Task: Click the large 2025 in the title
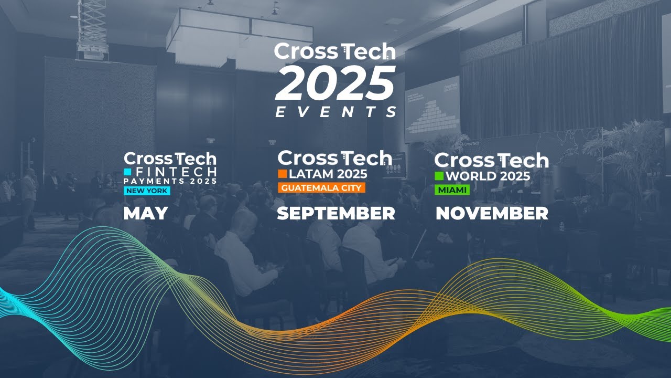click(335, 82)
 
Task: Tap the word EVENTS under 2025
click(335, 112)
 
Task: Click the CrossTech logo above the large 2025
click(334, 51)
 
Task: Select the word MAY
click(146, 213)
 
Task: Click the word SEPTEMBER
click(335, 213)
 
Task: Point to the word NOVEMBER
click(492, 213)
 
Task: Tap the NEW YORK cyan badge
click(147, 191)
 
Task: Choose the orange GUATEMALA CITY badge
click(321, 187)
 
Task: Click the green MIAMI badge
click(451, 190)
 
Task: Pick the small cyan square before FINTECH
click(127, 172)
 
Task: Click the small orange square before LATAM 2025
click(282, 173)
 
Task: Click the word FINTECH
click(175, 172)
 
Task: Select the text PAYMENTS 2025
click(170, 181)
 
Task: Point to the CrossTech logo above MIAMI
click(491, 160)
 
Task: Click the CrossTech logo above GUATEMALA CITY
click(334, 157)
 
